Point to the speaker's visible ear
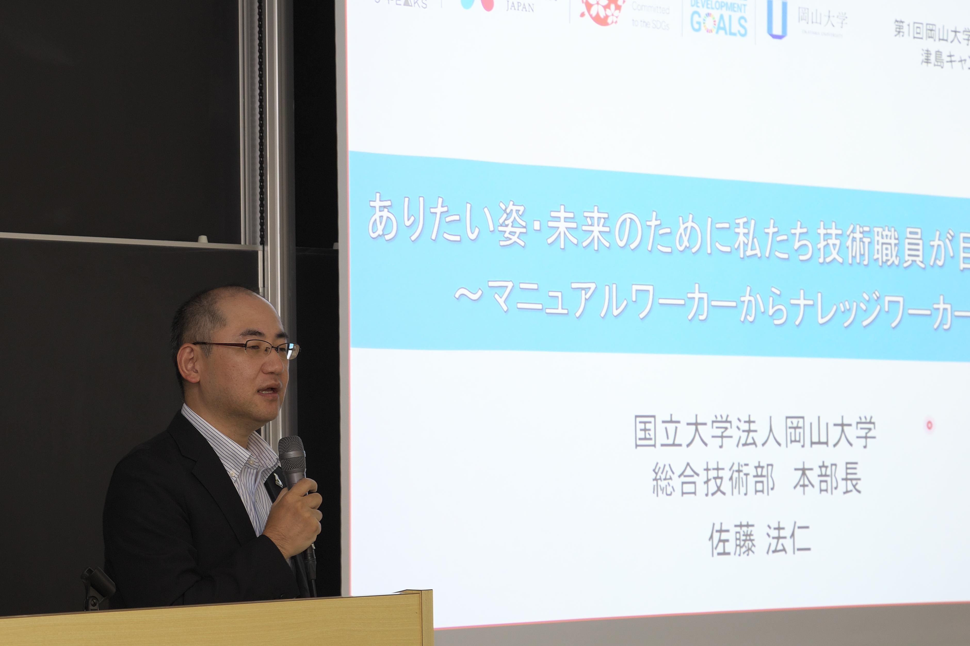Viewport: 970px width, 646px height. pyautogui.click(x=189, y=362)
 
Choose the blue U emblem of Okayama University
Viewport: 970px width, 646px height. pyautogui.click(x=777, y=19)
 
